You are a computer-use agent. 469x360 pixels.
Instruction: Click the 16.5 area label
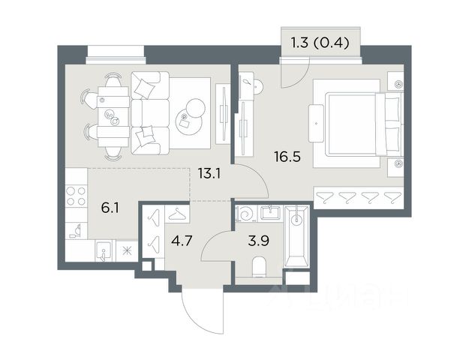[x=287, y=157]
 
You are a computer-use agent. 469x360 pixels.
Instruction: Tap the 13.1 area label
[x=209, y=173]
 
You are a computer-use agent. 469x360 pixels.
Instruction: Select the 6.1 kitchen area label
[x=110, y=208]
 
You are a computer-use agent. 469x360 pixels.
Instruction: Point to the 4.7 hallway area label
[x=182, y=241]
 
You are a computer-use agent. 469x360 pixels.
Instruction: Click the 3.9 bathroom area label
[x=258, y=241]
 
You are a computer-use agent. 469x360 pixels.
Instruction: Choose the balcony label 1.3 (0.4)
[x=320, y=43]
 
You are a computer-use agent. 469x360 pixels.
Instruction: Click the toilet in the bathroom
[x=259, y=267]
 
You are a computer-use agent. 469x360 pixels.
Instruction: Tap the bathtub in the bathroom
[x=296, y=236]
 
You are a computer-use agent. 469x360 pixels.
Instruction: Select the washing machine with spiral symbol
[x=245, y=214]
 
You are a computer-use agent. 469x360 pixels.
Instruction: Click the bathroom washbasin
[x=270, y=213]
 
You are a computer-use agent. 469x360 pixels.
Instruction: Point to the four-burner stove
[x=77, y=196]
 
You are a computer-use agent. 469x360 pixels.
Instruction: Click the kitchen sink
[x=104, y=251]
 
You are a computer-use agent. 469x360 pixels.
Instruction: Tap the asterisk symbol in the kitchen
[x=127, y=251]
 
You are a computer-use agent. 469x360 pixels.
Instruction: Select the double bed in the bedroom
[x=364, y=124]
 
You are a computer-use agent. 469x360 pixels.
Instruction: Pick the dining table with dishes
[x=113, y=117]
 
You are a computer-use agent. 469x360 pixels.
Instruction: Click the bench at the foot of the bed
[x=317, y=123]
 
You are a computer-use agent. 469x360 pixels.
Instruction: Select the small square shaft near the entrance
[x=146, y=265]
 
